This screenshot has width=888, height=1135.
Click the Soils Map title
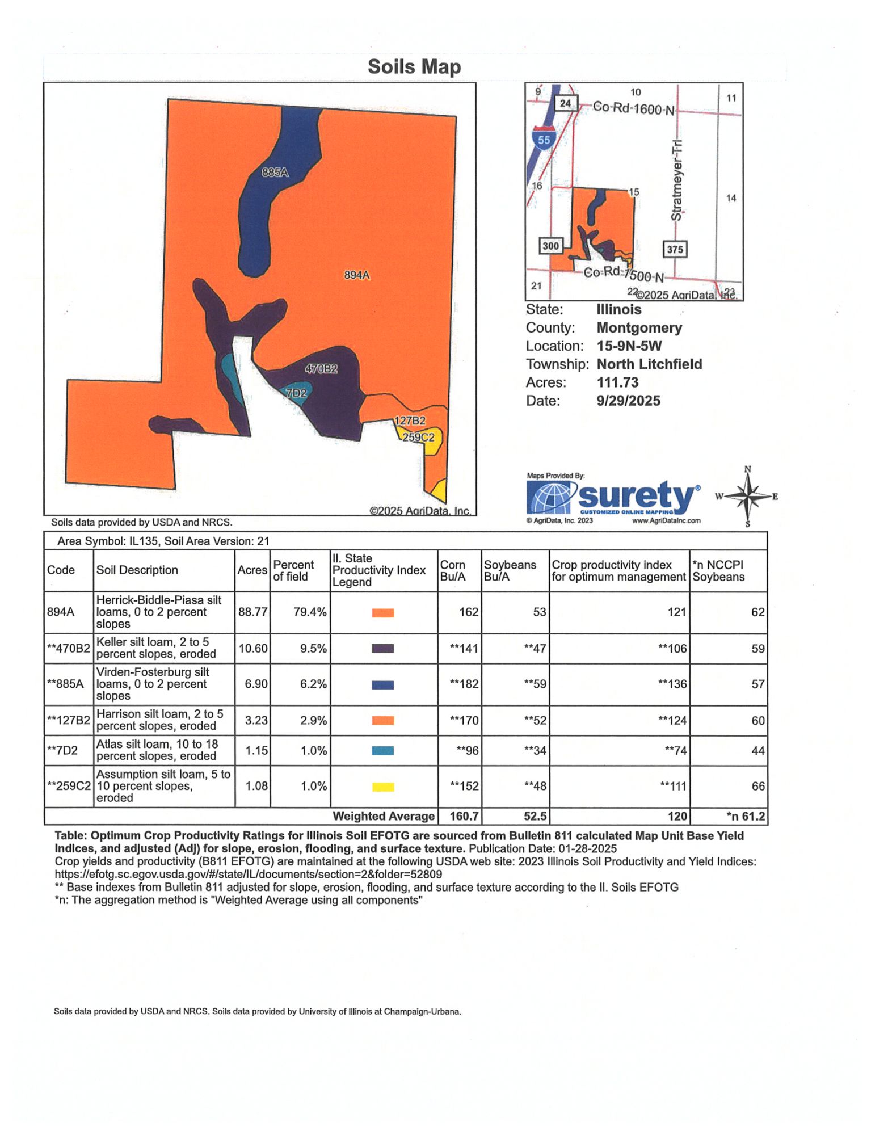pos(414,67)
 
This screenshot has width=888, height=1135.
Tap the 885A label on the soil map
pos(275,172)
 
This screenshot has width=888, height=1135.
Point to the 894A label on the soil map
pos(357,275)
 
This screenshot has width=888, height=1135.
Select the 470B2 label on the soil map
pos(321,369)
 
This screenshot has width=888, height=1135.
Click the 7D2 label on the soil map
pos(296,393)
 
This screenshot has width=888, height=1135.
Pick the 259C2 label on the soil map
pos(418,437)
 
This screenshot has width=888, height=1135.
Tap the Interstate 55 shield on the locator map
pos(544,140)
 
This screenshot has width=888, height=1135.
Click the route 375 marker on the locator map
pos(675,249)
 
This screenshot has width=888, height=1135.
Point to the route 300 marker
pos(550,246)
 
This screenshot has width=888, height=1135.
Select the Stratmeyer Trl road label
pos(677,180)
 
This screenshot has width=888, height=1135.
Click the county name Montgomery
pos(639,328)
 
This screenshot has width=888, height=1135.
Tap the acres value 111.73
pos(617,382)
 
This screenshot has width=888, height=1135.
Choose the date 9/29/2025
pos(628,401)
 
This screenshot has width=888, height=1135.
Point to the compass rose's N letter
pos(748,469)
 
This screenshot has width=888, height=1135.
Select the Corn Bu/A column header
pos(453,570)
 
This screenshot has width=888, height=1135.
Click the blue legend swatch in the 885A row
pos(382,685)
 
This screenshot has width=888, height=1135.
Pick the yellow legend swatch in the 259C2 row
pos(382,787)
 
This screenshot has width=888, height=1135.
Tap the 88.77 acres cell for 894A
pos(253,612)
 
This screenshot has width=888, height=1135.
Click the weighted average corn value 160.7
pos(464,816)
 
